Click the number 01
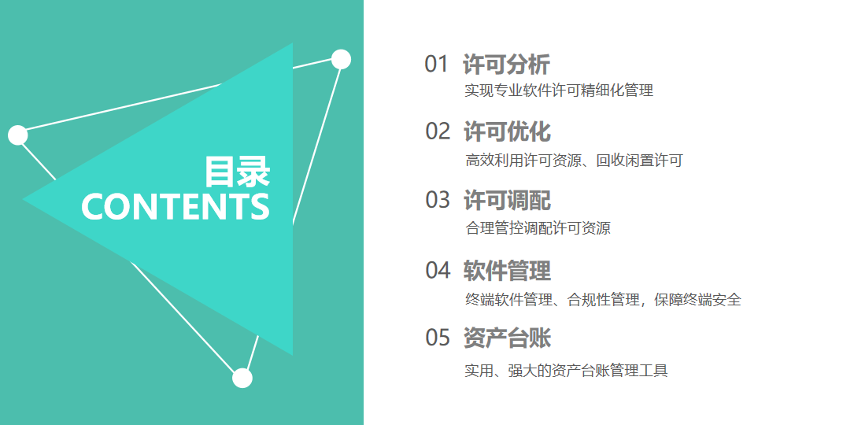pyautogui.click(x=436, y=64)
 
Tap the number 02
pyautogui.click(x=437, y=131)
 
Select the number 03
pyautogui.click(x=437, y=200)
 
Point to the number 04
pyautogui.click(x=438, y=270)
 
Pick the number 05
pyautogui.click(x=437, y=338)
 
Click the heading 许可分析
pyautogui.click(x=506, y=65)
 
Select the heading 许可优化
pyautogui.click(x=507, y=132)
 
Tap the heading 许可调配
pyautogui.click(x=507, y=201)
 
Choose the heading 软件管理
pyautogui.click(x=507, y=270)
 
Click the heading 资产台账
pyautogui.click(x=507, y=338)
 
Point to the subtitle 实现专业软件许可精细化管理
pyautogui.click(x=559, y=91)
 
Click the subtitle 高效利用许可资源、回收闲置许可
pyautogui.click(x=574, y=160)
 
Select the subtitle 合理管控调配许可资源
pyautogui.click(x=538, y=227)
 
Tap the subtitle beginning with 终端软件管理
pyautogui.click(x=603, y=299)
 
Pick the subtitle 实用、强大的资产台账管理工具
pyautogui.click(x=566, y=370)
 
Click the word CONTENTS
pyautogui.click(x=176, y=207)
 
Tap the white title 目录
pyautogui.click(x=237, y=172)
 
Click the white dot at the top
pyautogui.click(x=341, y=59)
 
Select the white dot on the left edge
pyautogui.click(x=18, y=135)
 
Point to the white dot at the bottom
pyautogui.click(x=242, y=379)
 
